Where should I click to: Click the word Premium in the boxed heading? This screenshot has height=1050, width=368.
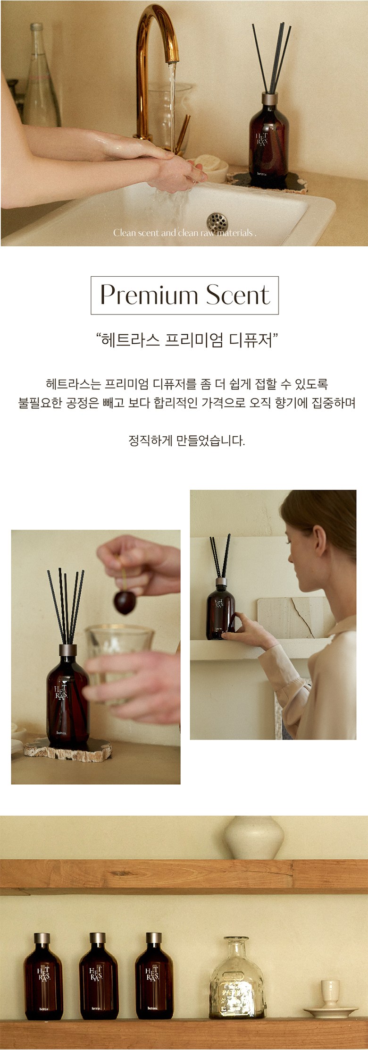(149, 296)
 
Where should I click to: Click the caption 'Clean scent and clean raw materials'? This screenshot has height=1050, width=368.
(184, 233)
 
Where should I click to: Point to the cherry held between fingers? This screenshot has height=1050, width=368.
(125, 603)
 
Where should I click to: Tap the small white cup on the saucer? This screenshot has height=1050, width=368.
(330, 993)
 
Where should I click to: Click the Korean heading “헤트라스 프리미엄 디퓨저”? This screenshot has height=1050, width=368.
(187, 340)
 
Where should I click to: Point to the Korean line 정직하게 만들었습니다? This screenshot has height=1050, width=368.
(187, 441)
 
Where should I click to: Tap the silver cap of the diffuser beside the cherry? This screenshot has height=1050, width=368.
(68, 650)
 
